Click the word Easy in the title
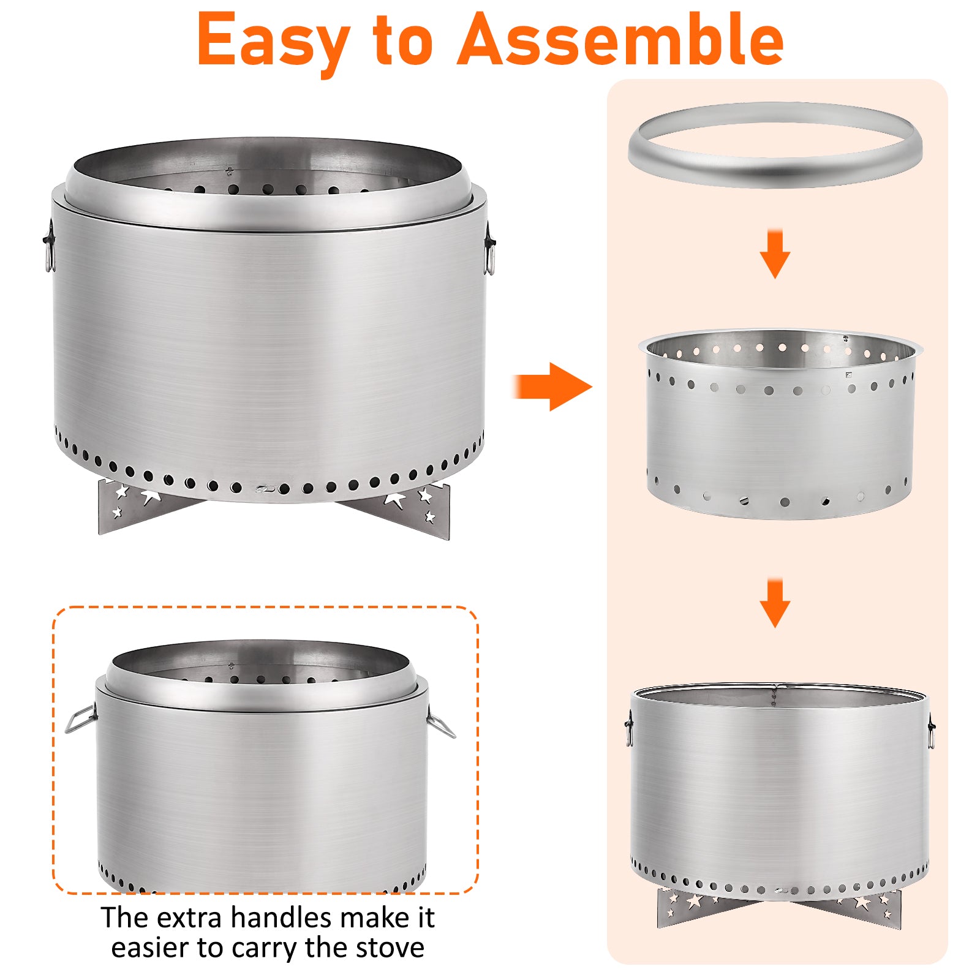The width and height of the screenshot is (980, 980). click(274, 41)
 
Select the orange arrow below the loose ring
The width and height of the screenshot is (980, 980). click(775, 254)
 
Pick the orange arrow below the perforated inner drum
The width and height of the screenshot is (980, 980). click(775, 603)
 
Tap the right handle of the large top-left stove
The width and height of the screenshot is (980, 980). click(489, 248)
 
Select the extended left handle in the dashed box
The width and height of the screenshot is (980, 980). click(80, 718)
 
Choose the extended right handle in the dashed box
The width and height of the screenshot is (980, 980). click(441, 722)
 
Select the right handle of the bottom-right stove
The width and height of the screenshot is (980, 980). click(931, 731)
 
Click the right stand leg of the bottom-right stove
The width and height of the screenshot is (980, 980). click(864, 908)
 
